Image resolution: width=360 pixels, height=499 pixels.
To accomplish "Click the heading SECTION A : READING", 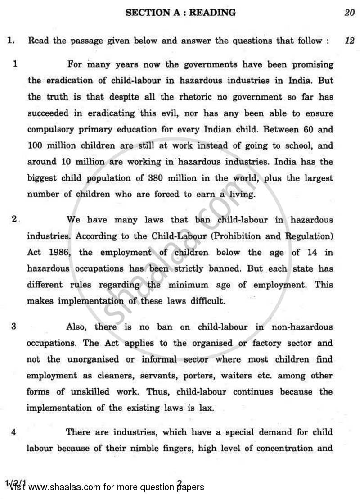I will tap(180, 13).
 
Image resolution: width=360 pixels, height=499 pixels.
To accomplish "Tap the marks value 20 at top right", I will tap(349, 13).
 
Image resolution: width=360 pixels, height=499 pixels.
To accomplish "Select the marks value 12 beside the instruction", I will tap(349, 41).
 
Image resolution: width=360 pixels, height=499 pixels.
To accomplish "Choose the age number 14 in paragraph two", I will tap(309, 253).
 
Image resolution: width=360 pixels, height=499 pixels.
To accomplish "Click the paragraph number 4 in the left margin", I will tap(14, 432).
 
